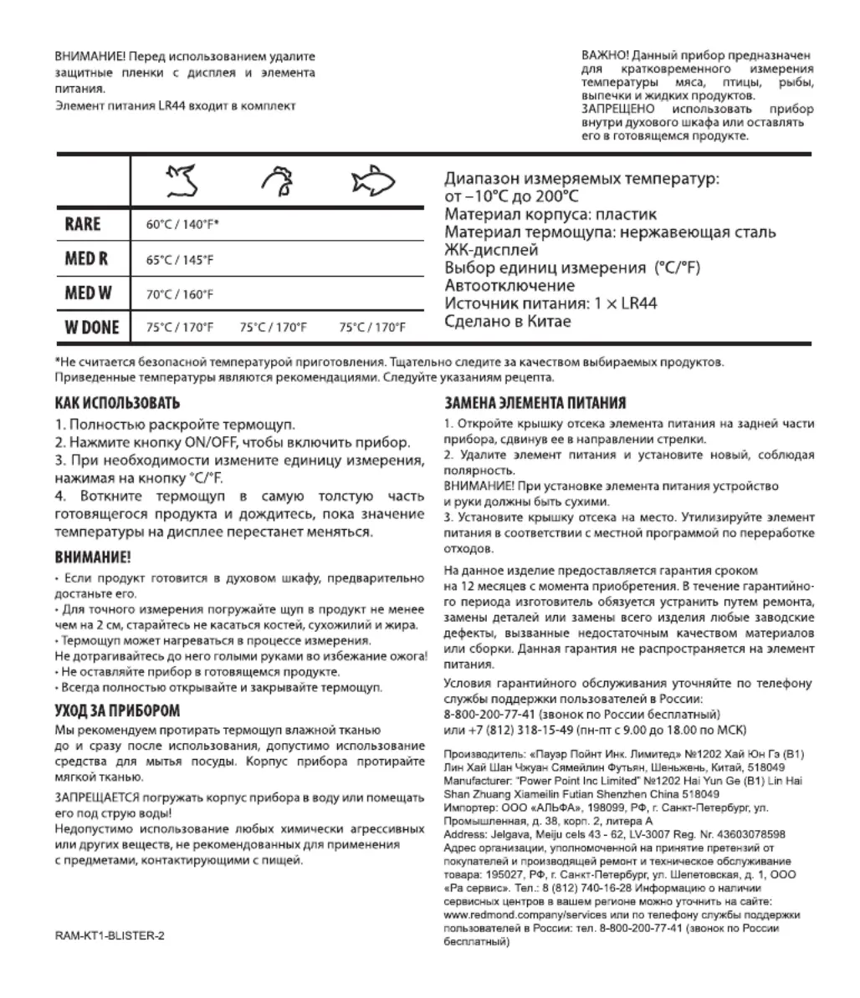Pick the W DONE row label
click(x=92, y=327)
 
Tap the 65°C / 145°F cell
click(x=180, y=260)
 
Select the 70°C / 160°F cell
click(x=180, y=294)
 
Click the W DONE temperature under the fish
click(x=372, y=328)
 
